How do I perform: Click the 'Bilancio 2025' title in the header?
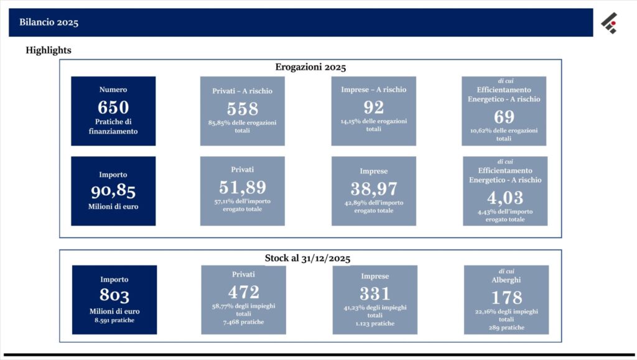(49, 22)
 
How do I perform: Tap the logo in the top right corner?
(610, 23)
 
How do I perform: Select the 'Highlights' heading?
(49, 50)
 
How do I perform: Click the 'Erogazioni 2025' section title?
(310, 67)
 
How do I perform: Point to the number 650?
(113, 108)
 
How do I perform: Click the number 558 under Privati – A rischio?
(243, 109)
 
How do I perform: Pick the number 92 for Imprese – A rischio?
(374, 107)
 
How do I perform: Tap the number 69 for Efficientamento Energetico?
(504, 117)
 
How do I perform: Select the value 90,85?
(113, 191)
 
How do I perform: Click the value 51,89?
(243, 187)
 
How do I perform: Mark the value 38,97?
(374, 189)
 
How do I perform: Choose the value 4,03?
(505, 198)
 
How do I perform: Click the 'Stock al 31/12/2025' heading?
(307, 258)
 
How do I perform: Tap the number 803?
(114, 295)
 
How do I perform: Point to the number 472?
(244, 292)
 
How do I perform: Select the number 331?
(375, 293)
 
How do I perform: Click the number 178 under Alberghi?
(506, 297)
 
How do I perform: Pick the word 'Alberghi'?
(506, 280)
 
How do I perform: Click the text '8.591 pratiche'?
(114, 320)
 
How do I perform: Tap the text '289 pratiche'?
(506, 328)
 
